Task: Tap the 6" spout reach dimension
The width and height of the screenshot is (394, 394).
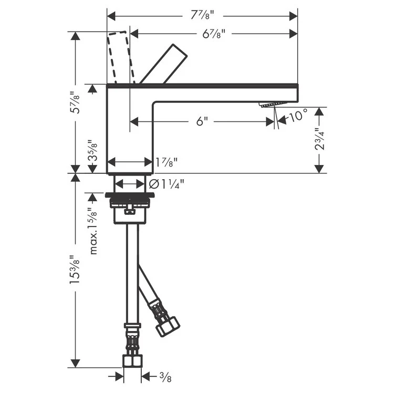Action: coord(202,121)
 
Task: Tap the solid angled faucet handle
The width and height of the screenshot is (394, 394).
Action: coord(164,64)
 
